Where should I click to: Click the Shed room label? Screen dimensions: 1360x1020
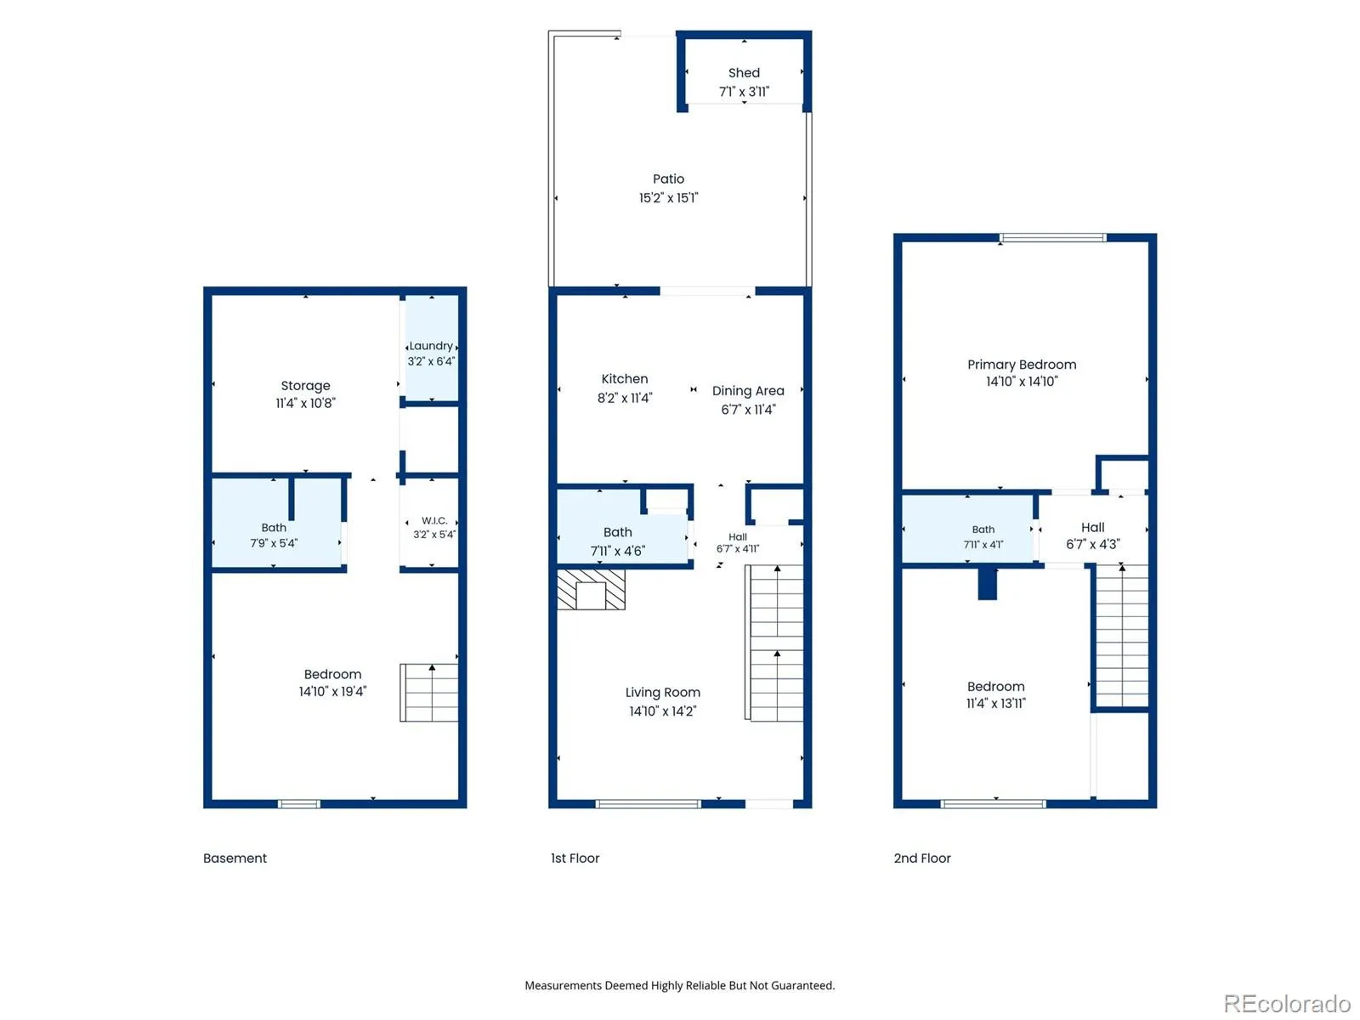(x=744, y=72)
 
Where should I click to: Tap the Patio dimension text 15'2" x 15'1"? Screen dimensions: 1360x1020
(x=668, y=197)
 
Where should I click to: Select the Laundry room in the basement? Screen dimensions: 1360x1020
(x=431, y=349)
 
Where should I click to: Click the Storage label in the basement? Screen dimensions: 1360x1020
(x=305, y=385)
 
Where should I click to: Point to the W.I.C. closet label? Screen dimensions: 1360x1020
(x=433, y=520)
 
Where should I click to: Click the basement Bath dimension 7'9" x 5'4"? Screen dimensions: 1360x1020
(x=273, y=543)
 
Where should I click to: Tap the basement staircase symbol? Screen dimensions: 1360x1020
(x=428, y=693)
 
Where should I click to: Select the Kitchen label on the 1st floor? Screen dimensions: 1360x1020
(x=625, y=378)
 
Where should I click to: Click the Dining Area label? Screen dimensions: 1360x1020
(x=748, y=391)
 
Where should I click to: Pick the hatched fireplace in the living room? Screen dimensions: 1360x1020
(x=591, y=590)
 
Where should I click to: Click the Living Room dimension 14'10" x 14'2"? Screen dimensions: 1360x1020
(x=662, y=711)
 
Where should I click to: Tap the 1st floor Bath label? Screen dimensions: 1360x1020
(x=618, y=532)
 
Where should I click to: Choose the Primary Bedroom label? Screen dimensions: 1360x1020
(x=1022, y=364)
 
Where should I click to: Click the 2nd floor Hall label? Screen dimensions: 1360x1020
(x=1092, y=527)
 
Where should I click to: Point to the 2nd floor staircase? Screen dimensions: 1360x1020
(x=1122, y=636)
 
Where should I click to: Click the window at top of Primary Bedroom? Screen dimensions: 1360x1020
(x=1052, y=237)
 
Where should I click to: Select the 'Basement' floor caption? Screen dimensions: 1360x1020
(x=235, y=858)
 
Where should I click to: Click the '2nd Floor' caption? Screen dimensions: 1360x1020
(x=922, y=858)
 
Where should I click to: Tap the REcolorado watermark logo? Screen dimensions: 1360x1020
(x=1287, y=1003)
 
